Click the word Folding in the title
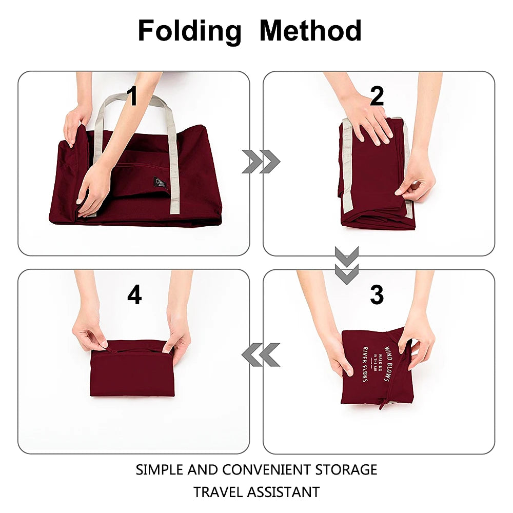[x=189, y=31]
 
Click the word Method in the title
[x=310, y=31]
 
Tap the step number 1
[x=132, y=96]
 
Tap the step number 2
[x=377, y=96]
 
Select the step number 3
[x=377, y=295]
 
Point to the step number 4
[x=134, y=295]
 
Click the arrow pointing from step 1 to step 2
[x=261, y=162]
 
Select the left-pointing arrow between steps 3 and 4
[x=261, y=354]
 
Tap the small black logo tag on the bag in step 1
[x=160, y=182]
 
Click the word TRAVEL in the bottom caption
[x=218, y=492]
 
